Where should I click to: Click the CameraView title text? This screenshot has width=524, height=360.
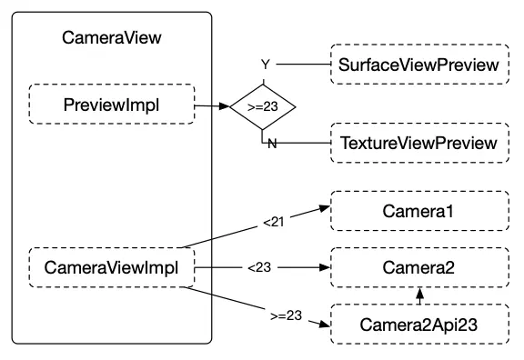click(112, 39)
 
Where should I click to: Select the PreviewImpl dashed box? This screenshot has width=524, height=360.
click(112, 105)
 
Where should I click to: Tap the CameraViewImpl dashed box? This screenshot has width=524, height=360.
click(112, 268)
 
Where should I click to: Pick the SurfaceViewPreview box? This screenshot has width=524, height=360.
click(418, 65)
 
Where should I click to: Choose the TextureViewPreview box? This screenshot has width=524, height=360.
click(418, 144)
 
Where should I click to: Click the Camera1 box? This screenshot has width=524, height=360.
click(418, 212)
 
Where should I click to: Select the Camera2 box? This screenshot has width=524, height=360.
click(418, 268)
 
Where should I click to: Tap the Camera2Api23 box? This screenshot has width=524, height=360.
click(418, 324)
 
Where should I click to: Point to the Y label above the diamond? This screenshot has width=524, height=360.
click(266, 65)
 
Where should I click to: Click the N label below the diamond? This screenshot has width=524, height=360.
click(271, 145)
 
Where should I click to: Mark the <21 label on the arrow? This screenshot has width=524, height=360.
click(273, 221)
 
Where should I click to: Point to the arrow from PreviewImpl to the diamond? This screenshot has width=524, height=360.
click(211, 105)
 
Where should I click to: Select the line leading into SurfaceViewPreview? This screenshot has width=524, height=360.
click(305, 65)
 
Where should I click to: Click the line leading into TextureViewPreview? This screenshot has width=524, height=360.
click(305, 144)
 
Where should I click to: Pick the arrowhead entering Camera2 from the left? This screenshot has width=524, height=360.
click(322, 268)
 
